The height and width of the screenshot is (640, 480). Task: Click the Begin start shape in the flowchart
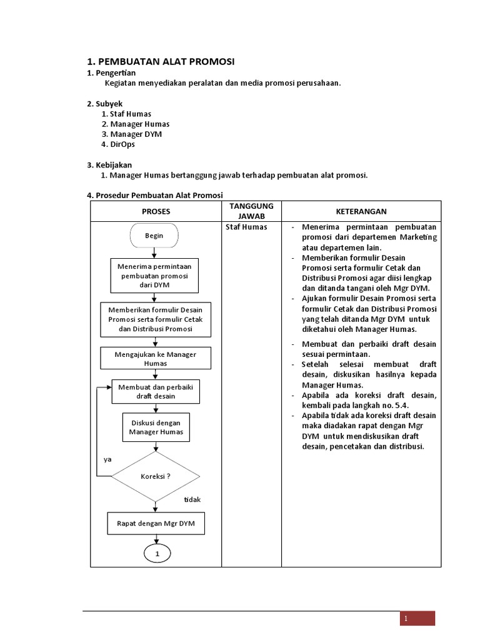[154, 236]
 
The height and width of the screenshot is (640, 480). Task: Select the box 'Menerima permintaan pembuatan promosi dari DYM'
[155, 276]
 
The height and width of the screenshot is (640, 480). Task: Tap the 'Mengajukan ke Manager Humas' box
[156, 358]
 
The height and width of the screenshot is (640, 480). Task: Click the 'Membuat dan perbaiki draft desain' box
[156, 391]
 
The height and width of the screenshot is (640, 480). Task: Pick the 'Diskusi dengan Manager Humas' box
[156, 427]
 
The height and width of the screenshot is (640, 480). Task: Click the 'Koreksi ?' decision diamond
[156, 476]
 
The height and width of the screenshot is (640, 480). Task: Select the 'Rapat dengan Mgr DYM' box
[156, 523]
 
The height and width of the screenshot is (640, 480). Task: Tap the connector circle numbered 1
[157, 554]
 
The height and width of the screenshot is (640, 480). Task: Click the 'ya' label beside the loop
[107, 459]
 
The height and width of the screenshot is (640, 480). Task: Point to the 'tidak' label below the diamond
[192, 500]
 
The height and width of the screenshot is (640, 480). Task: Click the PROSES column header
[156, 211]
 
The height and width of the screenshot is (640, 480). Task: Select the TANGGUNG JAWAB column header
[251, 211]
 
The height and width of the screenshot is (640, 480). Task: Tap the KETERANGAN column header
[361, 211]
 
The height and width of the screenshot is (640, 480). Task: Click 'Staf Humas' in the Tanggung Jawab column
[246, 227]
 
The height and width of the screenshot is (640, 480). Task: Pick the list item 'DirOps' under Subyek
[122, 144]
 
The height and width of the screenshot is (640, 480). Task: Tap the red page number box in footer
[417, 618]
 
